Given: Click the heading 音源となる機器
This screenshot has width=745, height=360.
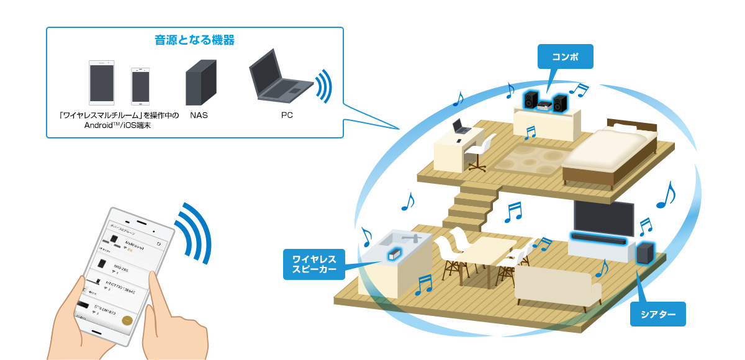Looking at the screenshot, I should click(x=194, y=40).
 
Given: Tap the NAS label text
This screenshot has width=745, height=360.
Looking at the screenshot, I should click(x=199, y=115).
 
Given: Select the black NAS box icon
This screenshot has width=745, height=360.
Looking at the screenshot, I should click(x=201, y=82).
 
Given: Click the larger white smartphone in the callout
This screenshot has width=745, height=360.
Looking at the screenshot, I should click(x=102, y=82).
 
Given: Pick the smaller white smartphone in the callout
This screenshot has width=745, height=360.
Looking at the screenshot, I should click(x=140, y=86).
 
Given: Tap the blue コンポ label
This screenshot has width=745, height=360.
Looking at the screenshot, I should click(x=565, y=56).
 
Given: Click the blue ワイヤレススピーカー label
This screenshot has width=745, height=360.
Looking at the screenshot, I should click(x=314, y=263).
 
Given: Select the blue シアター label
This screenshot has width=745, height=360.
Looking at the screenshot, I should click(x=658, y=314).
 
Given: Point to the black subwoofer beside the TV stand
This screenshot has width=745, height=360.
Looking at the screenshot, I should click(x=644, y=253).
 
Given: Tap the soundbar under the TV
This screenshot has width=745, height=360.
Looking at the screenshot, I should click(x=600, y=238).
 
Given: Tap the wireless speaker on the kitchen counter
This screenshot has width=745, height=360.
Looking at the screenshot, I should click(x=393, y=253).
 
